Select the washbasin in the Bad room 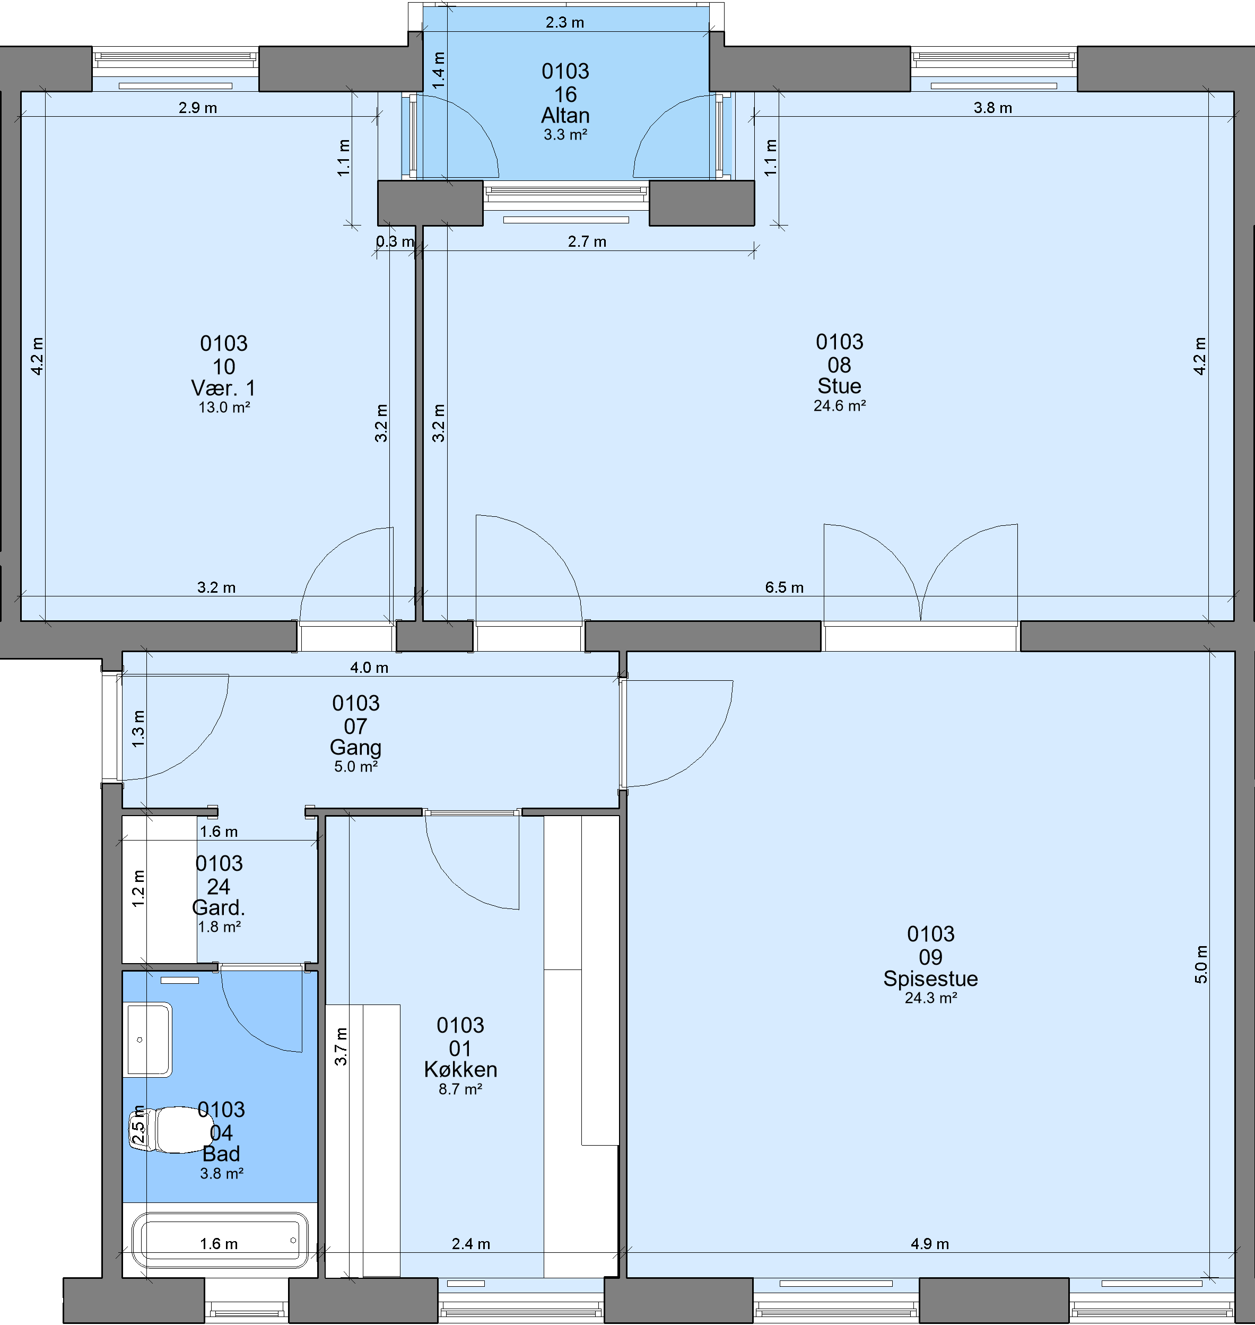coord(149,1040)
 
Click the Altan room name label coord(565,115)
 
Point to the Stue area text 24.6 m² coord(840,405)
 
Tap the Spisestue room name coord(930,979)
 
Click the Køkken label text coord(460,1069)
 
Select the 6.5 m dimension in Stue coord(784,587)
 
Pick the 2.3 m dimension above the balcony coord(564,23)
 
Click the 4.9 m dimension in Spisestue coord(929,1244)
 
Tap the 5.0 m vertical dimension coord(1201,964)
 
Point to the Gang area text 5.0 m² coord(356,767)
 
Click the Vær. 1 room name coord(223,388)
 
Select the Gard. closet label coord(219,908)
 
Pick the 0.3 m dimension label coord(395,241)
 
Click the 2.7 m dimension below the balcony coord(587,241)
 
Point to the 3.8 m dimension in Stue coord(993,108)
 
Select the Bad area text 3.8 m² coord(221,1174)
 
